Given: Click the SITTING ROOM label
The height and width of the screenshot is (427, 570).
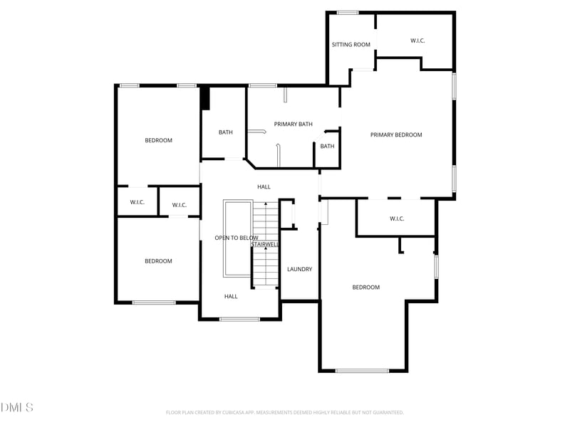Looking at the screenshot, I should click(x=351, y=45).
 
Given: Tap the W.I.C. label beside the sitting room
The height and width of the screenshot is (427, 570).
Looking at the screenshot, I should click(x=418, y=41).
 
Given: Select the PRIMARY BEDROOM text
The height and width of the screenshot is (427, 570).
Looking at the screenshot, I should click(x=396, y=135).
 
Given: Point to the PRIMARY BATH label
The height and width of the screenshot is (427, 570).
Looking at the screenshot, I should click(x=293, y=125).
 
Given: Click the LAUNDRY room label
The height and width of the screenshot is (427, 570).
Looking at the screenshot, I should click(x=299, y=269).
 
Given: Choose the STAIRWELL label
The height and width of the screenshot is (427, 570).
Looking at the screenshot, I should click(x=265, y=244).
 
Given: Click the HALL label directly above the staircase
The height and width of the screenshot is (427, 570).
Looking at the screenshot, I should click(x=264, y=186).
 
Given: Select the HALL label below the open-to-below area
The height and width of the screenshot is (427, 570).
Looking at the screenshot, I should click(x=231, y=296).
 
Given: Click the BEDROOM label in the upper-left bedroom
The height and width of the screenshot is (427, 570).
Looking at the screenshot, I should click(x=158, y=140).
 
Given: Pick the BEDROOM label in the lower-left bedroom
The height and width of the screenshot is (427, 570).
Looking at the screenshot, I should click(x=158, y=261).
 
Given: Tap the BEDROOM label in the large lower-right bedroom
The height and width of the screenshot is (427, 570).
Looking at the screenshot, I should click(x=366, y=288).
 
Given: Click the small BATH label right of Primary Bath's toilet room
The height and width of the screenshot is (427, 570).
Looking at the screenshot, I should click(x=327, y=147).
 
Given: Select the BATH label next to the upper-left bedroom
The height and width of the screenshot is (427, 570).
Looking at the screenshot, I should click(x=225, y=132).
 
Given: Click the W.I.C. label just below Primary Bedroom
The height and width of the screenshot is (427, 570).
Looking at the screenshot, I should click(x=397, y=218).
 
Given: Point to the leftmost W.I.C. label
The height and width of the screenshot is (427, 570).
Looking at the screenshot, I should click(x=137, y=203).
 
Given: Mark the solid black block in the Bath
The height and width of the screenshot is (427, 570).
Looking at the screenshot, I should click(x=205, y=98).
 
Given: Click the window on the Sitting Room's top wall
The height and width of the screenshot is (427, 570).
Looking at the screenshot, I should click(x=347, y=12).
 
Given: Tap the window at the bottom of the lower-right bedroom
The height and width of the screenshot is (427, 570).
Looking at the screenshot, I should click(x=362, y=371).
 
